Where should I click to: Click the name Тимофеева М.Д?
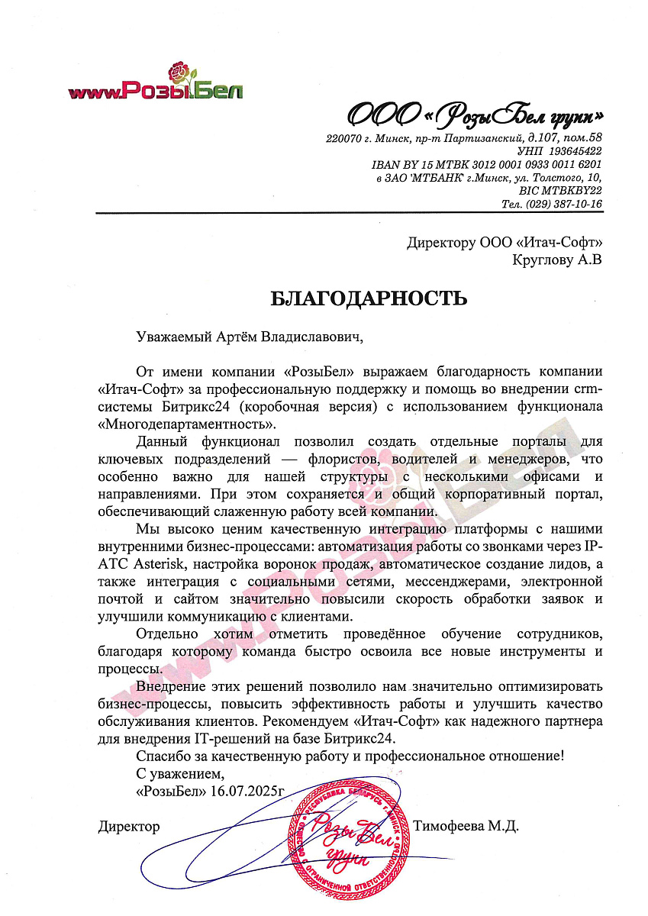pyautogui.click(x=466, y=826)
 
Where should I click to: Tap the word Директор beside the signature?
pyautogui.click(x=129, y=826)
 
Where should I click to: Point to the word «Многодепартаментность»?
pyautogui.click(x=186, y=424)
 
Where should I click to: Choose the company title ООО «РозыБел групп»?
pyautogui.click(x=476, y=115)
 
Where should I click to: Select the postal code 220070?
pyautogui.click(x=343, y=138)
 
